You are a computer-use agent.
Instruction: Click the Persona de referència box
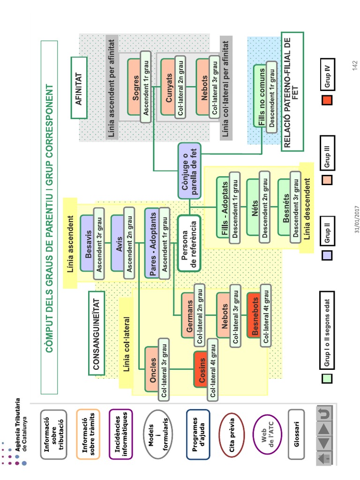click(x=189, y=243)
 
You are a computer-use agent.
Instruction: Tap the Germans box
click(x=190, y=315)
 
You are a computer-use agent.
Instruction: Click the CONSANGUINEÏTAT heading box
click(x=97, y=333)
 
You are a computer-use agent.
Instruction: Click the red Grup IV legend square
click(x=327, y=100)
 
